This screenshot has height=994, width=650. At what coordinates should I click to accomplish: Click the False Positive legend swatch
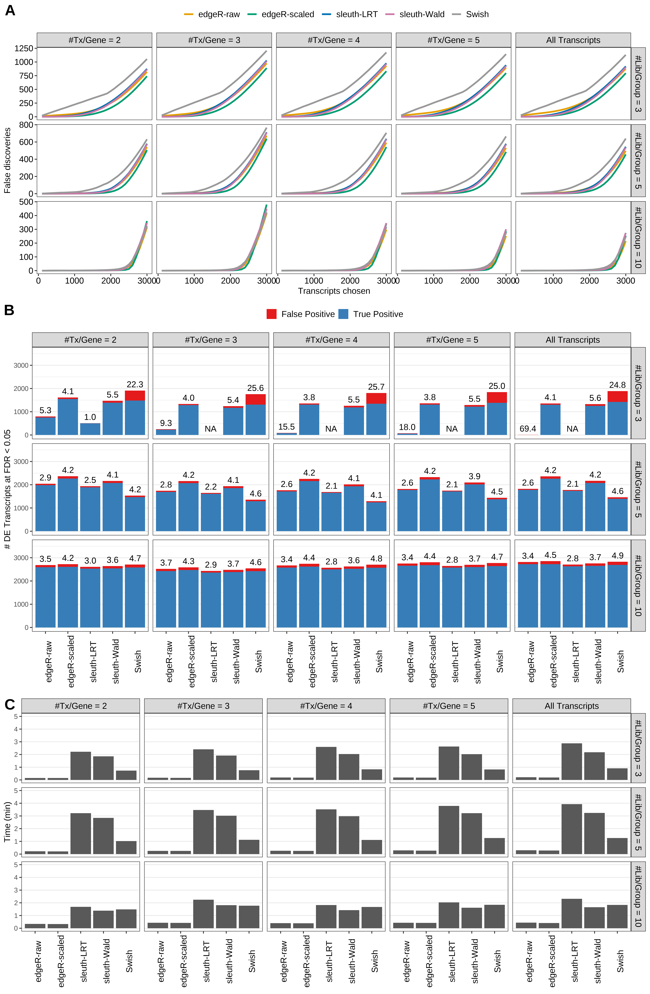coord(271,314)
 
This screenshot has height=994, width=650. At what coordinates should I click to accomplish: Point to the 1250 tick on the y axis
coord(23,48)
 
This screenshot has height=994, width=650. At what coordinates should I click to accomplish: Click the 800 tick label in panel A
coord(26,125)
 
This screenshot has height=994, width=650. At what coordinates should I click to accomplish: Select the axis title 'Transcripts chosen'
coord(334,291)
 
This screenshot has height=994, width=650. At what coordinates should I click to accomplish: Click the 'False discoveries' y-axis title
coord(7,160)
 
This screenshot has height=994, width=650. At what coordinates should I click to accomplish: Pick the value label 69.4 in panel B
coord(528,429)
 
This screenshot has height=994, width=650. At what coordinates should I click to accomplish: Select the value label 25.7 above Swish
coord(376,387)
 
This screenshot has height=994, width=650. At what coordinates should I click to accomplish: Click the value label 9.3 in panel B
coord(166,423)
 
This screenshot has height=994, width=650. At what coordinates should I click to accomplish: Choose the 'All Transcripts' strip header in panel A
coord(573,40)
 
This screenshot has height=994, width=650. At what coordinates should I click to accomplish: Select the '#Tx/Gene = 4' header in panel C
coord(326,706)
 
